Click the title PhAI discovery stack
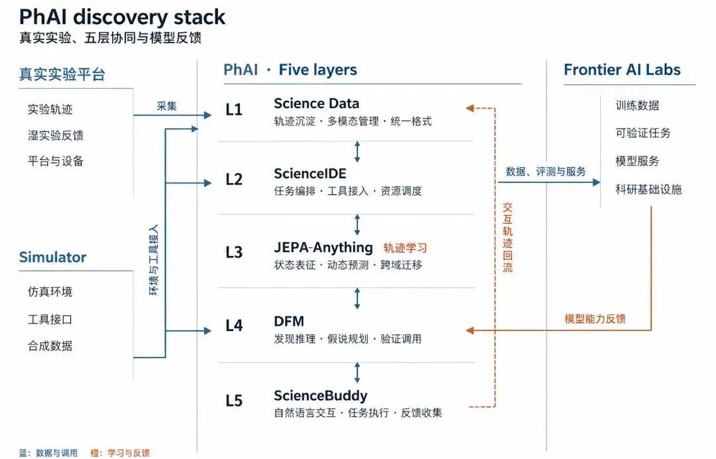122,17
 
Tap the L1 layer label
234,109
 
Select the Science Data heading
316,103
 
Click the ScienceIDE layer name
310,174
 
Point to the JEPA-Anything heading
324,247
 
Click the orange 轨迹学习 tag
405,248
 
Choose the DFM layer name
289,322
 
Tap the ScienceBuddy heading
321,395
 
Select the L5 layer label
234,401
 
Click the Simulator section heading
52,257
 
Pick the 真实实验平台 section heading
62,74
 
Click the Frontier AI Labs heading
622,70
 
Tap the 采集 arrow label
166,106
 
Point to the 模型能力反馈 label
595,319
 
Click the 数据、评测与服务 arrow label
546,172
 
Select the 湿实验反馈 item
56,135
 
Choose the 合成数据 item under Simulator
50,346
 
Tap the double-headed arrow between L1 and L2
357,152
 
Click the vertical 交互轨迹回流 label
507,237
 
